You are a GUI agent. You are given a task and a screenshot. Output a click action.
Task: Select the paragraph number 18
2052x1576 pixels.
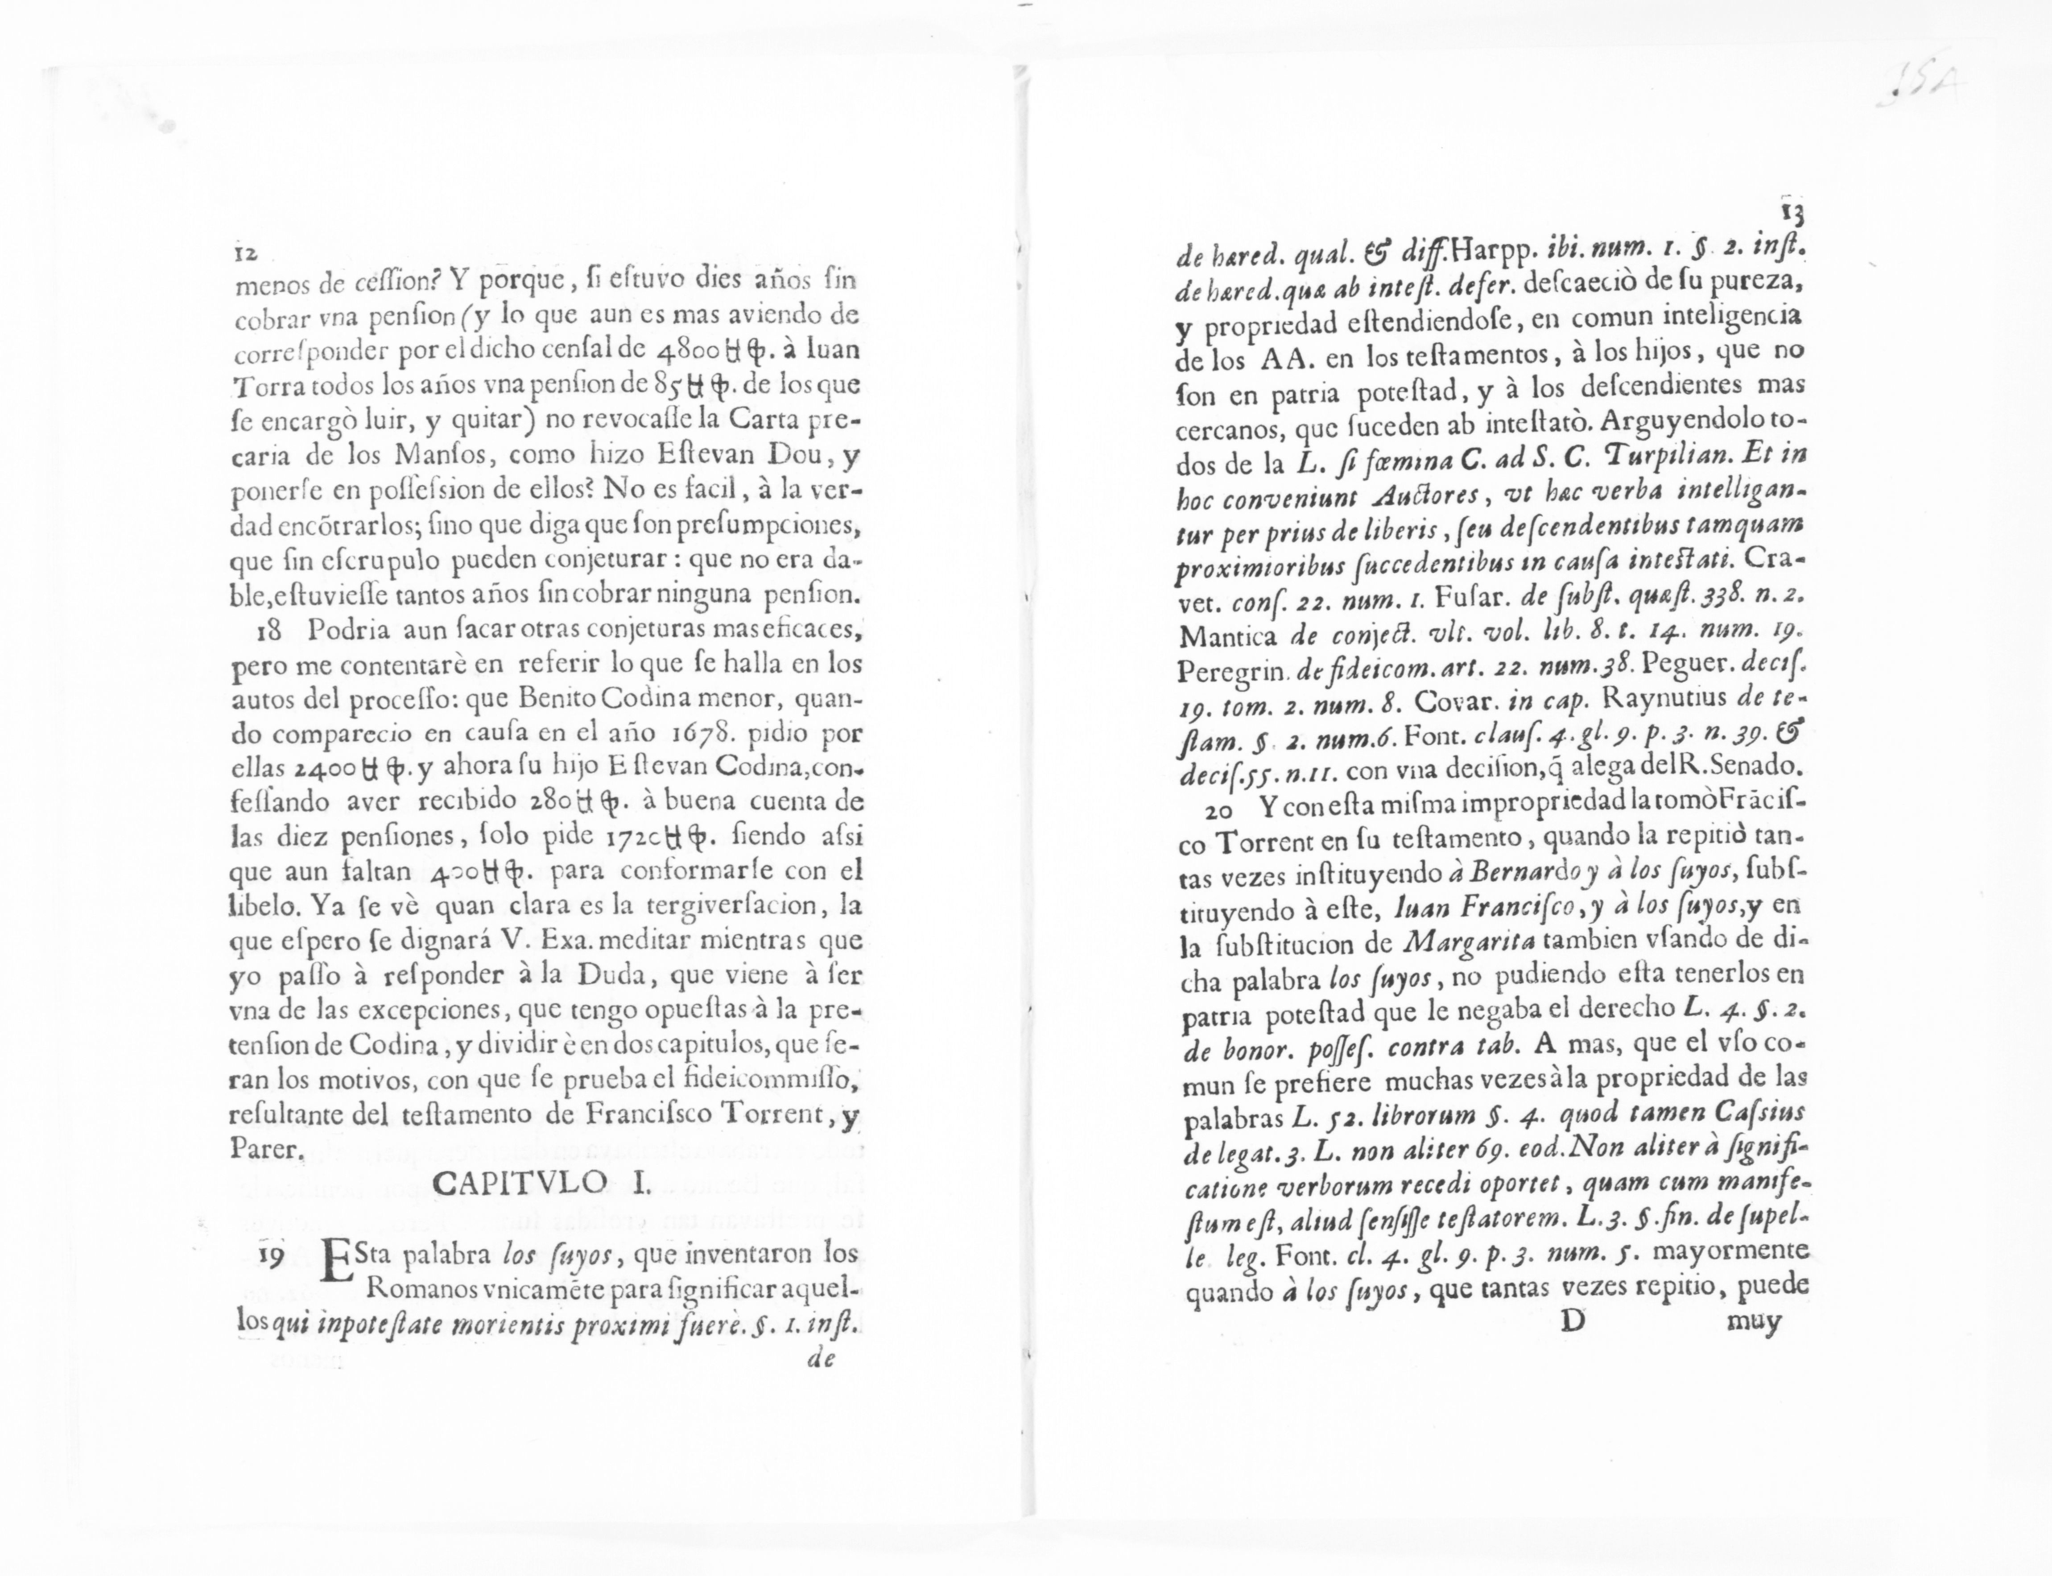coord(269,631)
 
